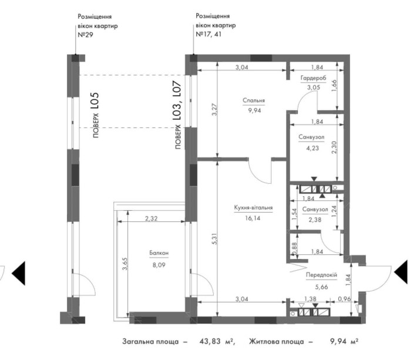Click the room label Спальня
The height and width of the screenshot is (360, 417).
pos(254,100)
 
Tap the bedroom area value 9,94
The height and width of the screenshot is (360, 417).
pos(254,109)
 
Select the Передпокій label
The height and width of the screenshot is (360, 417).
pos(320,274)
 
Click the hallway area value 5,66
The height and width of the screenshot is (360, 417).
pos(320,287)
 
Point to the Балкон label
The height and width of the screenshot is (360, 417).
pos(159,253)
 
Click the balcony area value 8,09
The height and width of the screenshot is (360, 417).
pos(159,264)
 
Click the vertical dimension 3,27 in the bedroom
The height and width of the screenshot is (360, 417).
pos(214,111)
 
